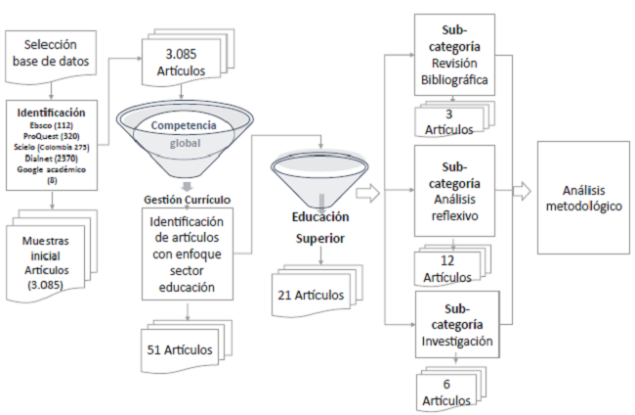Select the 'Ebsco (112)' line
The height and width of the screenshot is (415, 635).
point(50,124)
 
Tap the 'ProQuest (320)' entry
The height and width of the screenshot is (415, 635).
point(50,135)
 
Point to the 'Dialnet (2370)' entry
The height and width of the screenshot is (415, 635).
point(50,157)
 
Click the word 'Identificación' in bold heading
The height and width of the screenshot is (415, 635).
point(50,113)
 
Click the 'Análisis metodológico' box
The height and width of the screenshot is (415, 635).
point(583,198)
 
